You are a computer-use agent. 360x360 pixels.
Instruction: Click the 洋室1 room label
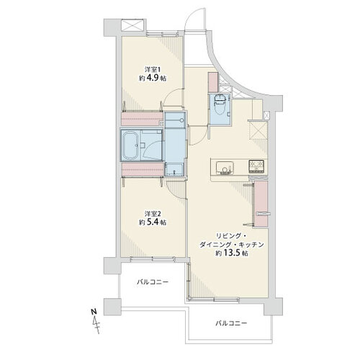[x=152, y=70]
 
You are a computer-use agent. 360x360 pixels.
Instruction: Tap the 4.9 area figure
[x=153, y=78]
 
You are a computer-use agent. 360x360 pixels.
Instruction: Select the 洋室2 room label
[x=153, y=214]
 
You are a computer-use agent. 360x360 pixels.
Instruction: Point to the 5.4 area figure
[x=153, y=222]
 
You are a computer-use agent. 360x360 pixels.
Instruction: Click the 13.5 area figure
[x=232, y=253]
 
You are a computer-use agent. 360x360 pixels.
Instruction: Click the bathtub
[x=130, y=145]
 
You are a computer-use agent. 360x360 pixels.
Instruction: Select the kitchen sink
[x=225, y=168]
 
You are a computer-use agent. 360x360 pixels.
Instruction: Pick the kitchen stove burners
[x=257, y=166]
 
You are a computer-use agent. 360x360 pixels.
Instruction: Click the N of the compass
[x=94, y=312]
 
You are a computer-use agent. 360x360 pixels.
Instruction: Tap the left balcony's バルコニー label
[x=153, y=282]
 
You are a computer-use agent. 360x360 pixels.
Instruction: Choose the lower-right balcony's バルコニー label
[x=231, y=323]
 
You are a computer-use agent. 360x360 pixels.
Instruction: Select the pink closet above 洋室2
[x=143, y=169]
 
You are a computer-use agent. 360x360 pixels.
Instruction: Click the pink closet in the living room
[x=261, y=204]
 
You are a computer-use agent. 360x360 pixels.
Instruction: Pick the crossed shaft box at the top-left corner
[x=132, y=25]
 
